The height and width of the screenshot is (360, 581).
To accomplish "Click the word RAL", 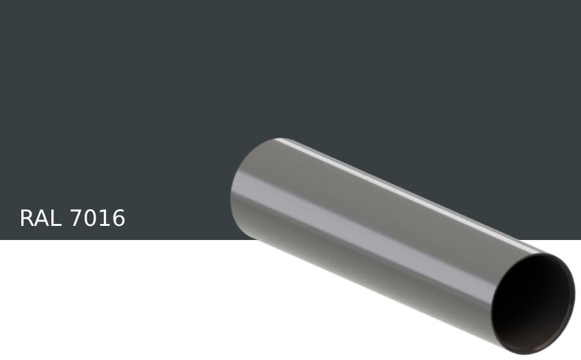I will click(x=41, y=219).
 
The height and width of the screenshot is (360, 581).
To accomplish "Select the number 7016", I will click(x=97, y=219).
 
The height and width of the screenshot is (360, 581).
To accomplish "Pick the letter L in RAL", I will click(x=55, y=219).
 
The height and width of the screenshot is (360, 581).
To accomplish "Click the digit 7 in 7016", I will click(x=76, y=219).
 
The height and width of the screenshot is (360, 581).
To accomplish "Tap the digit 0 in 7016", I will click(x=90, y=219).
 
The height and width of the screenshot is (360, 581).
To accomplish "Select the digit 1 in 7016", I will click(x=105, y=219).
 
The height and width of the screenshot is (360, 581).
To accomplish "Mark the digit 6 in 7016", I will click(x=118, y=219).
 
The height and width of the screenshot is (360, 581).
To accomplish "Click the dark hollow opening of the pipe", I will click(x=533, y=302).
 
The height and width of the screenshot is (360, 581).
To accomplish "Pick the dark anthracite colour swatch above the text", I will click(x=128, y=96).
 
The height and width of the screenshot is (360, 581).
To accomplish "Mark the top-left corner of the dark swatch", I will click(x=2, y=2).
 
